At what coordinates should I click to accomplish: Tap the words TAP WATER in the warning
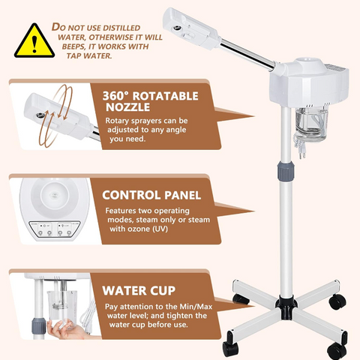(92, 55)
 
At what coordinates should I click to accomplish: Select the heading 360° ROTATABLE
(150, 95)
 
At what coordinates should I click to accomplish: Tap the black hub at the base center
(285, 304)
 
